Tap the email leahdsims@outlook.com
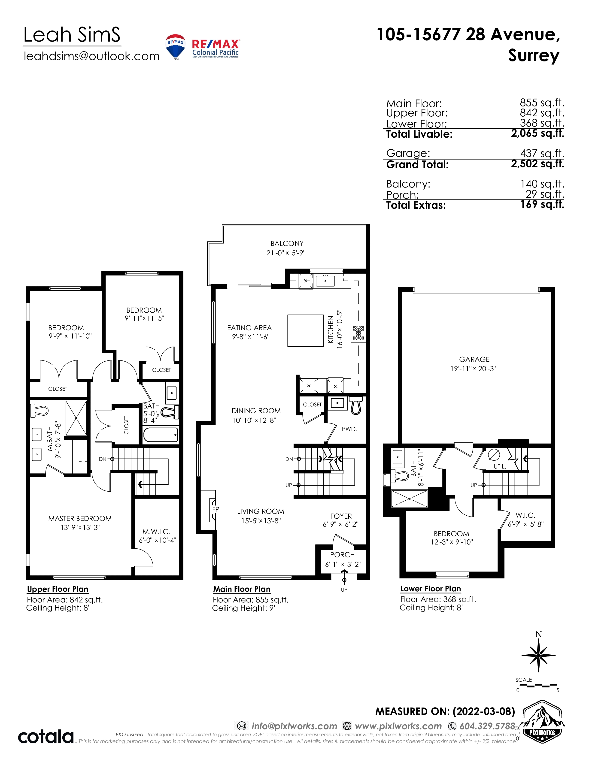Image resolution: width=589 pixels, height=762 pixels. (x=91, y=56)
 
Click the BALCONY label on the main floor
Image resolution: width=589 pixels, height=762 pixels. (x=287, y=244)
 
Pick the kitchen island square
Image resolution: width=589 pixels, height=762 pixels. (x=305, y=330)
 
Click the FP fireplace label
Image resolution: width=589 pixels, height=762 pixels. (x=216, y=509)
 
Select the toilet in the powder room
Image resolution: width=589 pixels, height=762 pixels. (x=356, y=405)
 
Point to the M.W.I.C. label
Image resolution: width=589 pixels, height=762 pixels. (x=156, y=532)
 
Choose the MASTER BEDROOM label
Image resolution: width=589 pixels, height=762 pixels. (x=80, y=518)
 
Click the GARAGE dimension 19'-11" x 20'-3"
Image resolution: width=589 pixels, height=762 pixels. (x=473, y=369)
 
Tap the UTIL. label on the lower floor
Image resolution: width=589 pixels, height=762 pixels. (x=500, y=466)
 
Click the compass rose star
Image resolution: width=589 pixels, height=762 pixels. (x=538, y=656)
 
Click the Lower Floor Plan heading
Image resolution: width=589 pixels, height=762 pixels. (x=431, y=589)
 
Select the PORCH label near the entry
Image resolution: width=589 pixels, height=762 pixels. (x=342, y=555)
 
